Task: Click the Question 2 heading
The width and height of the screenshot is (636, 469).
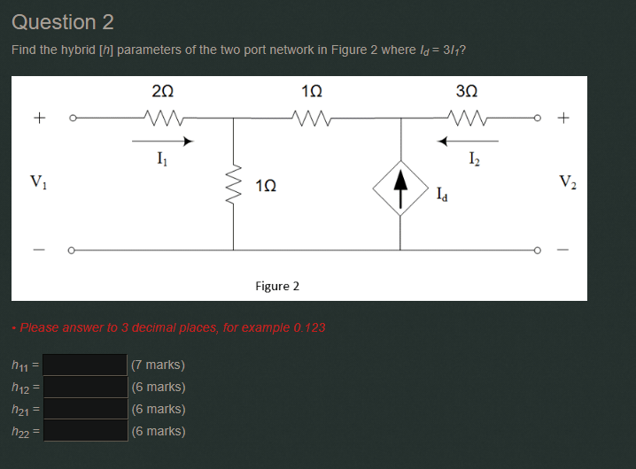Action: pos(63,22)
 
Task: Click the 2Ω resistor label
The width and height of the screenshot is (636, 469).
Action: pos(162,89)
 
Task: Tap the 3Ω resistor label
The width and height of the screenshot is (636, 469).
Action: pos(466,89)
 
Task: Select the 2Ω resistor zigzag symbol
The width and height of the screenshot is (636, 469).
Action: pos(163,115)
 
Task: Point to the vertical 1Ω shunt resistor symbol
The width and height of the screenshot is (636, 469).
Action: pos(234,185)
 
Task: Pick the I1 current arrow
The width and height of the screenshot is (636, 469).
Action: pos(163,140)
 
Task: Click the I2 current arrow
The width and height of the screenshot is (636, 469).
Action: pos(469,140)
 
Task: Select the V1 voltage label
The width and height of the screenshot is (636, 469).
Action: pos(39,183)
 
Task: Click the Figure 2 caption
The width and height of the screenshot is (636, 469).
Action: pos(277,286)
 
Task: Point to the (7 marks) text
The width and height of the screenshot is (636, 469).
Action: pos(158,365)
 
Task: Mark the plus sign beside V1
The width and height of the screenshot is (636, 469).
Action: pos(39,116)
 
